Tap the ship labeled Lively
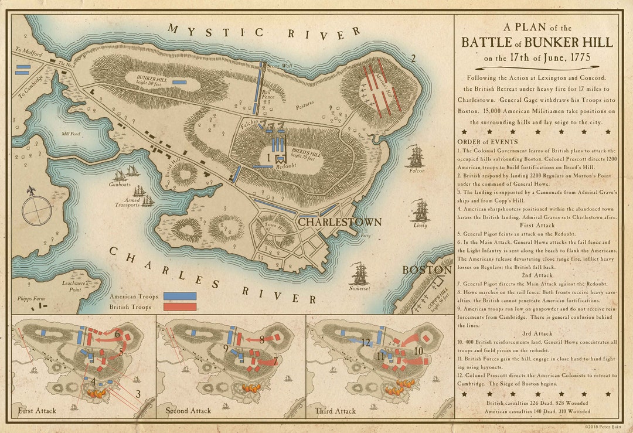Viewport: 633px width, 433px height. click(x=420, y=210)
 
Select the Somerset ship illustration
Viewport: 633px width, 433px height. click(x=358, y=274)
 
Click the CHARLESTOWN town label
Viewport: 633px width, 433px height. click(x=340, y=222)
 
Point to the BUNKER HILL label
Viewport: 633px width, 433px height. click(x=153, y=78)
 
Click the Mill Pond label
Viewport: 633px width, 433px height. click(x=72, y=133)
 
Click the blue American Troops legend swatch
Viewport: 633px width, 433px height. click(x=179, y=296)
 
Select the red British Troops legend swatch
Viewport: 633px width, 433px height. click(x=179, y=306)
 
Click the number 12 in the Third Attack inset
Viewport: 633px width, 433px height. click(x=366, y=342)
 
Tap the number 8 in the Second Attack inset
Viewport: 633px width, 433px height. click(x=262, y=339)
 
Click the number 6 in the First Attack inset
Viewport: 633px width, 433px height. click(x=117, y=334)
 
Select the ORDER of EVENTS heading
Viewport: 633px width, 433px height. click(x=488, y=142)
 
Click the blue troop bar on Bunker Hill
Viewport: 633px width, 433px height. click(x=179, y=82)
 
